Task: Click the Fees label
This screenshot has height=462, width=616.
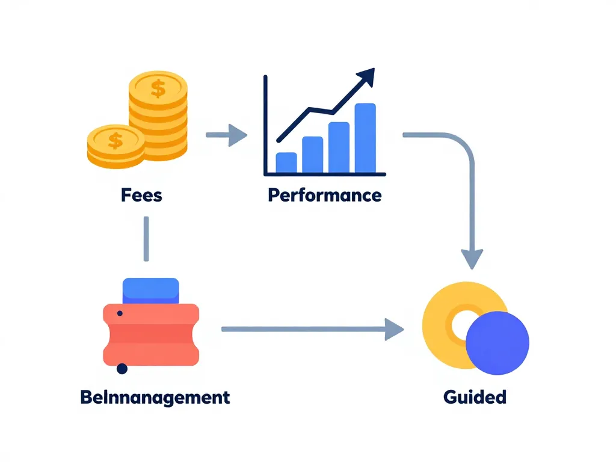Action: pos(141,195)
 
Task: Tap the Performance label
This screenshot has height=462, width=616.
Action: pos(324,195)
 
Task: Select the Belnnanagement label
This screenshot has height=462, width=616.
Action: pos(155,397)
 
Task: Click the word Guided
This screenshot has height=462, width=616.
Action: pos(475,397)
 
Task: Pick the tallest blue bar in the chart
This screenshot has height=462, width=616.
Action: pos(365,138)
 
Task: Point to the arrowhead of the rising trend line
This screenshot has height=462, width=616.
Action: pos(365,77)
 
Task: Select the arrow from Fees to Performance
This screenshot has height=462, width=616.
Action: pos(227,135)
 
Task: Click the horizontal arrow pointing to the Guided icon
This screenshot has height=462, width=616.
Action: pos(313,329)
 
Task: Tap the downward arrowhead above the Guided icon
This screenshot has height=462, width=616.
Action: pos(473,259)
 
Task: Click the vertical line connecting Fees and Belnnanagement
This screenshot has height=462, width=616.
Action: pos(146,239)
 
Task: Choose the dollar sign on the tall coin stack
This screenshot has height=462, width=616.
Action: pos(158,89)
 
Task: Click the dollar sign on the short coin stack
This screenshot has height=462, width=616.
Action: pos(115,141)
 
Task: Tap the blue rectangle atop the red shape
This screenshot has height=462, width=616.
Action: pos(150,291)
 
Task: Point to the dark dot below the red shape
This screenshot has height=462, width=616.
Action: pos(122,369)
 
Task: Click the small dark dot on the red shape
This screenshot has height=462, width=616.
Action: pos(120,313)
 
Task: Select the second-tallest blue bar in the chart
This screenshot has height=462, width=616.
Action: pos(339,147)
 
